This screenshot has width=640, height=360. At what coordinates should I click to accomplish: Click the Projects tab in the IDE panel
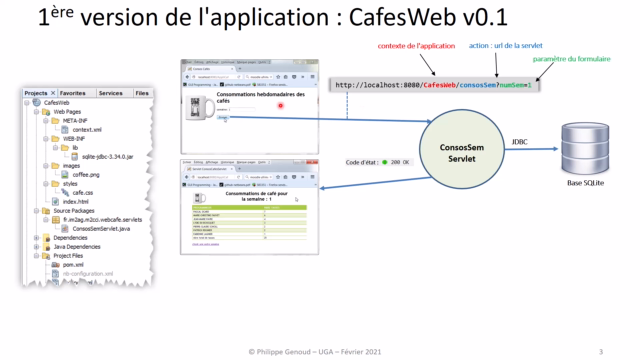click(39, 93)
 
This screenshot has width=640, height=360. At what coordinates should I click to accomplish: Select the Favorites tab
click(73, 93)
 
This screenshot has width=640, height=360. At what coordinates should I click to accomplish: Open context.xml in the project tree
click(87, 129)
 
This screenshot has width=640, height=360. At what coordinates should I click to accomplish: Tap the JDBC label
click(520, 142)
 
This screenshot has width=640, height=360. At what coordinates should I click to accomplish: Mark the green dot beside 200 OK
click(384, 161)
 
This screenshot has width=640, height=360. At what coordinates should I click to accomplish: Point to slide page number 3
click(600, 351)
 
